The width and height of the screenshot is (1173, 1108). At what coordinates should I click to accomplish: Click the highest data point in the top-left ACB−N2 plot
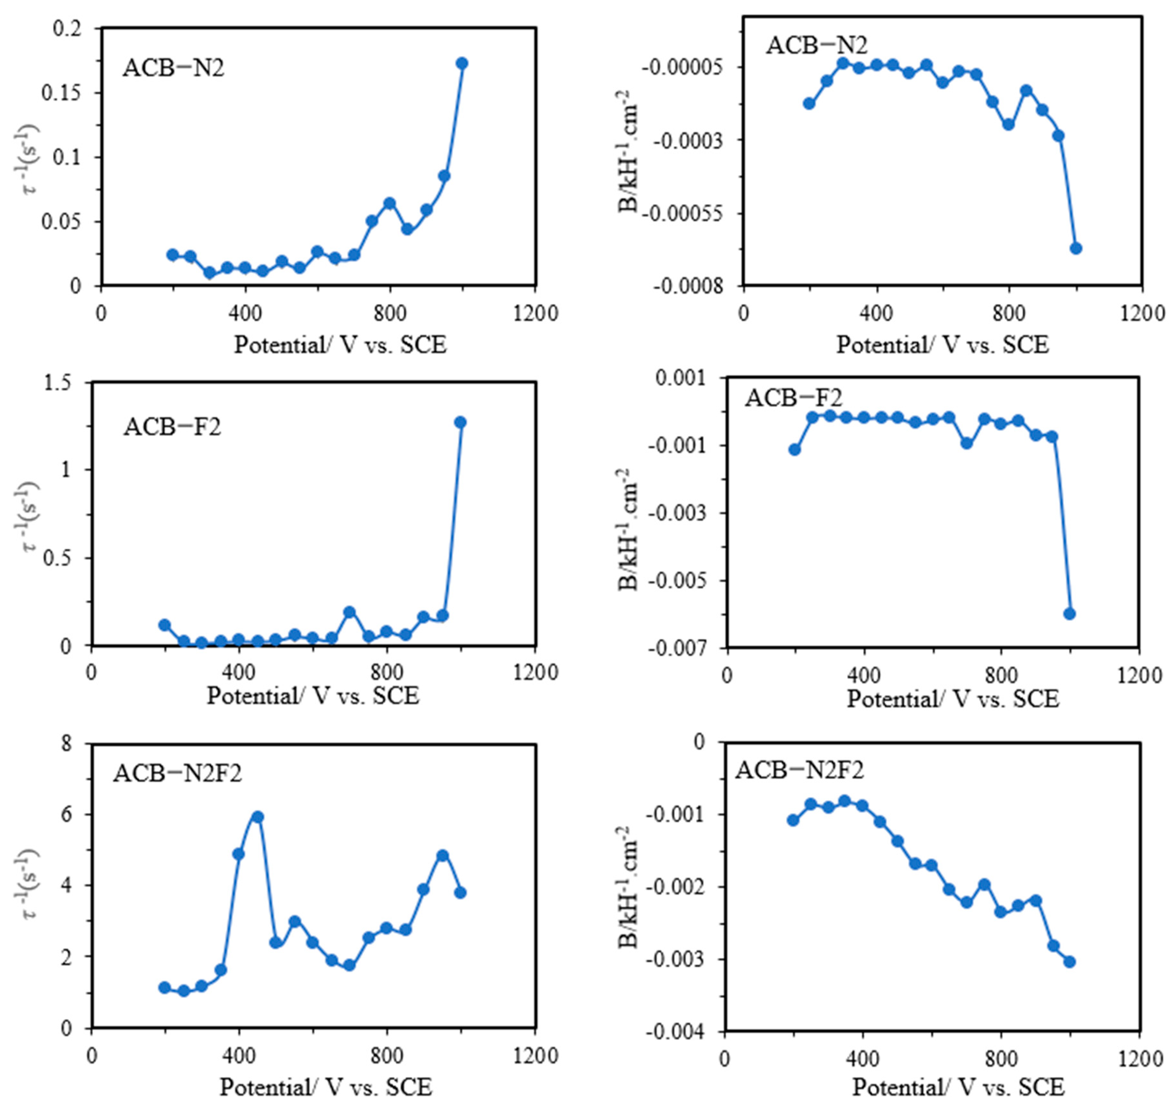point(462,63)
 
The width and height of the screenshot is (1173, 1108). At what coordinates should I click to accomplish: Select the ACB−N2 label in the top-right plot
point(817,46)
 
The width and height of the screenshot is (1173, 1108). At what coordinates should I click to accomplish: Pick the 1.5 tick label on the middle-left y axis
point(58,383)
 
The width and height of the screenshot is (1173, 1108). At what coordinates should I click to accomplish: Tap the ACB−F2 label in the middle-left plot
point(173,426)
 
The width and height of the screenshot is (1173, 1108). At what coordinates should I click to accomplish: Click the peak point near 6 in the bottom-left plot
point(257,817)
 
